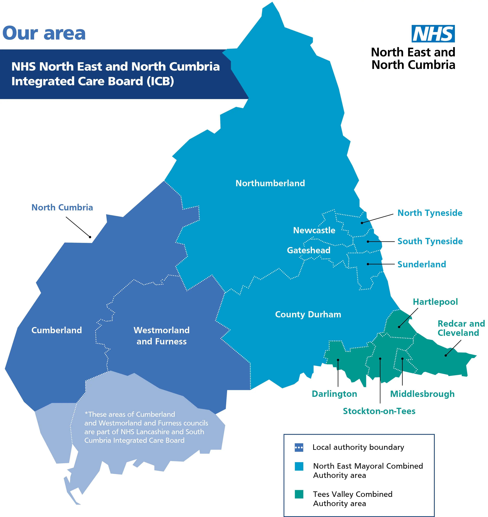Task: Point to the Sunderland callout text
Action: point(422,264)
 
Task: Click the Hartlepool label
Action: point(435,302)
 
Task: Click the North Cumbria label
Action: point(62,207)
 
